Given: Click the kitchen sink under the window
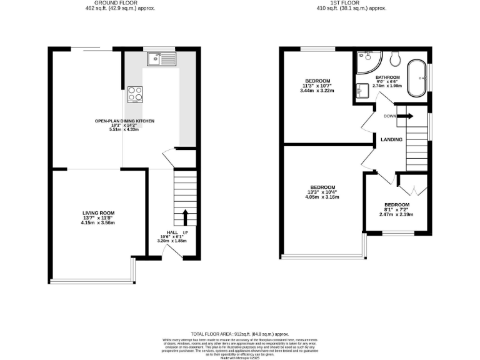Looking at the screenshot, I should point(161,59).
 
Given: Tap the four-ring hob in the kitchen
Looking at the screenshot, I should point(135,94).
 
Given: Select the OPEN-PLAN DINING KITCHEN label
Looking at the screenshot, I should point(124,121).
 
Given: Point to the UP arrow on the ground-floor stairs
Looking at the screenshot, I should point(185,218).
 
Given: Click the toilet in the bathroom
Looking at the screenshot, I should point(394,59).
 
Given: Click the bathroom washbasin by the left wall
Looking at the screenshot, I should point(362,89).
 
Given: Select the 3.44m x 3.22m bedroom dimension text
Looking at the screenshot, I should point(317,91).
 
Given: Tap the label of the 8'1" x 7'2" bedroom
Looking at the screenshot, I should point(396,205).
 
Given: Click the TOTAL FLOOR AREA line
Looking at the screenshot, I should point(239,334).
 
